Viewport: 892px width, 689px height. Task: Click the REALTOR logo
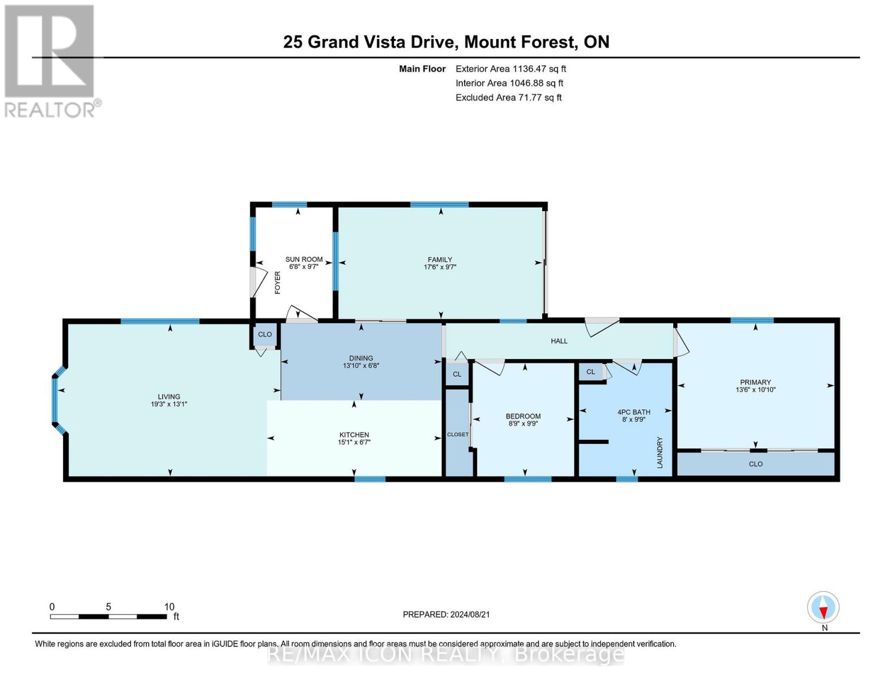click(51, 60)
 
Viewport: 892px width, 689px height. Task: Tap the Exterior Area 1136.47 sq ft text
click(510, 69)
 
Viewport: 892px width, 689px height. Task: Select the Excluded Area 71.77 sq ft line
click(508, 98)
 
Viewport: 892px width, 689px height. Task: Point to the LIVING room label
click(169, 397)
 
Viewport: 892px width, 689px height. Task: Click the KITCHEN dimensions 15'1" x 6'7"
click(354, 442)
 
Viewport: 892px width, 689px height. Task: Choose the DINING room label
click(361, 358)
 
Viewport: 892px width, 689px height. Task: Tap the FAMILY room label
click(440, 260)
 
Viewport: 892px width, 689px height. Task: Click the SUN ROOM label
click(304, 260)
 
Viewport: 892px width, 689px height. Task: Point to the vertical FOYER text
click(277, 282)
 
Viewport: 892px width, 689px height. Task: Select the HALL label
click(559, 341)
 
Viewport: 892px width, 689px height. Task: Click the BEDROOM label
click(523, 416)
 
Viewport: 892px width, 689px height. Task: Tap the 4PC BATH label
click(634, 412)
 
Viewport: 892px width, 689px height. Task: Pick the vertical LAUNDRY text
click(660, 452)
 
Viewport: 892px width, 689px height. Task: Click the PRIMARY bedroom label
click(755, 382)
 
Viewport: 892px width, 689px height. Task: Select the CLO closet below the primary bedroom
click(755, 464)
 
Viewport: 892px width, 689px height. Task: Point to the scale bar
click(109, 616)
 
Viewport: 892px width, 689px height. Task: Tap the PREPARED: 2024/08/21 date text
click(446, 614)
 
